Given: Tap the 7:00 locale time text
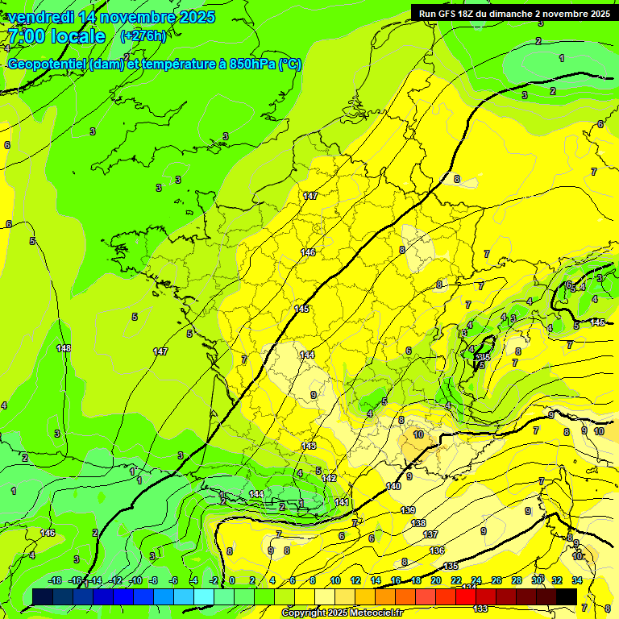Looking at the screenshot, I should coord(56,36).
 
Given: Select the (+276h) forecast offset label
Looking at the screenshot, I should coord(143,36).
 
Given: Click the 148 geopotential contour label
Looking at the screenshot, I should coord(64,348).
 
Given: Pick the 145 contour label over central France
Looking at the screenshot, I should coord(302,309).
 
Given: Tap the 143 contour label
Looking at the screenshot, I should coord(309,446).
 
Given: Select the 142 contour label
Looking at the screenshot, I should coord(329,478).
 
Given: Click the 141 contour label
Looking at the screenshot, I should coord(342,502).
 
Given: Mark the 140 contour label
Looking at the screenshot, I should coord(393,486).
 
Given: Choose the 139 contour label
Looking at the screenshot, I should coord(408,510).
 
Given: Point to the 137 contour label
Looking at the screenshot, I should coord(430,534).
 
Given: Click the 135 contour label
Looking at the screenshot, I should coord(451,566).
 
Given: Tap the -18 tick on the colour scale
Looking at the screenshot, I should coord(56,580).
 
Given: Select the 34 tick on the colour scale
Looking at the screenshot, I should coord(576,580).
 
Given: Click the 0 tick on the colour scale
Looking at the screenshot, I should coord(231,580).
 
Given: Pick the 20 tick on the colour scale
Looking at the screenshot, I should coord(435,580).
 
